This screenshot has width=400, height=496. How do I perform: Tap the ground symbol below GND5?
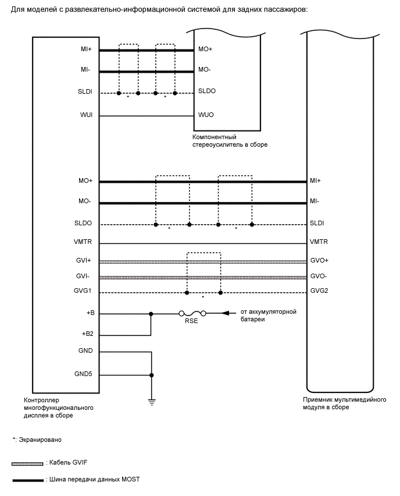(152, 401)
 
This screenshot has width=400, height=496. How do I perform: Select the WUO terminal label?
(206, 115)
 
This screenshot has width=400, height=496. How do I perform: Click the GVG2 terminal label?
(319, 292)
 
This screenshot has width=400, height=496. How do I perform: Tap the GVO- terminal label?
(319, 277)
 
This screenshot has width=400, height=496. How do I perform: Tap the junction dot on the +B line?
(152, 313)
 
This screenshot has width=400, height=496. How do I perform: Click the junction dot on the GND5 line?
(152, 374)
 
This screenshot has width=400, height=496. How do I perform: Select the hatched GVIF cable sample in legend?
(27, 463)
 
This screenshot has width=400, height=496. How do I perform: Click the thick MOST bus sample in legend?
(27, 480)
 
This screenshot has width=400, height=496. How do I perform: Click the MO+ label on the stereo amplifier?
(205, 50)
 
